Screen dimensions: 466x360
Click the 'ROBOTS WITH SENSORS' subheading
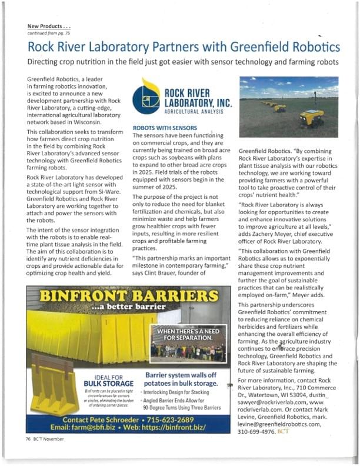(164, 127)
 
